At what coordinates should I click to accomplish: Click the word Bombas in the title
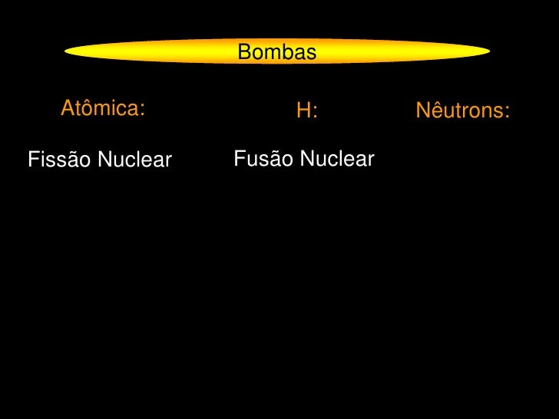click(276, 52)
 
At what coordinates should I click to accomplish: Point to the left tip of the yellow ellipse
click(67, 52)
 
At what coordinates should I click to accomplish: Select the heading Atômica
click(102, 108)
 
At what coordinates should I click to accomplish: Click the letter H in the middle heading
click(303, 111)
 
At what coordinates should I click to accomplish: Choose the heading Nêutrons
click(462, 111)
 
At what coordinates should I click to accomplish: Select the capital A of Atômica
click(68, 108)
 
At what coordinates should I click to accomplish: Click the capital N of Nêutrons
click(422, 111)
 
